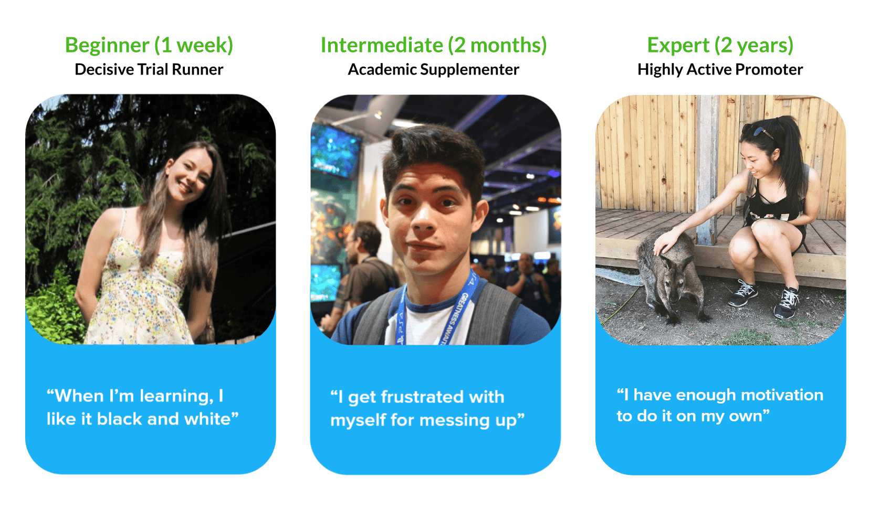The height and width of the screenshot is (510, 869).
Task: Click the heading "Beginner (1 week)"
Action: tap(149, 46)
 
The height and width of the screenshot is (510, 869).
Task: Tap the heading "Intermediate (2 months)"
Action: tap(434, 45)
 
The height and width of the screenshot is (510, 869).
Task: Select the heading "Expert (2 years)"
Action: tap(720, 46)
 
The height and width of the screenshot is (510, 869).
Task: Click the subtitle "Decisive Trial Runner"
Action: tap(149, 70)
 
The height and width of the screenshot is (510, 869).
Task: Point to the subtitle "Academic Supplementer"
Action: tap(433, 70)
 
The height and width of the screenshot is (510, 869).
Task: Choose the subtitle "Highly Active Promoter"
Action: tap(720, 70)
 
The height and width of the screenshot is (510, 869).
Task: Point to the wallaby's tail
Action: tap(617, 276)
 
